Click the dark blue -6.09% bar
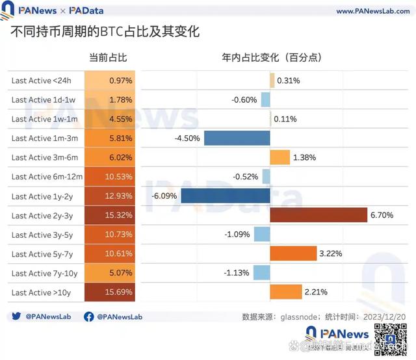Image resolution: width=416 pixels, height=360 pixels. [225, 196]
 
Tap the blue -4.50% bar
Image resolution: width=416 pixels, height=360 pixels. [237, 138]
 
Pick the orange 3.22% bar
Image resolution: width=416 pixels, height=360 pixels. [292, 253]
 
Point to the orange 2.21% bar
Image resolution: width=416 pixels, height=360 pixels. [285, 292]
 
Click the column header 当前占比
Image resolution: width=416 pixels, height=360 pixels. [108, 58]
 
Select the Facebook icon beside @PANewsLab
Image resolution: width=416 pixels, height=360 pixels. [89, 317]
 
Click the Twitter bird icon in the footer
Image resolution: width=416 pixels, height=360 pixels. [16, 317]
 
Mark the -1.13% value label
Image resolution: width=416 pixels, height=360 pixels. [236, 273]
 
